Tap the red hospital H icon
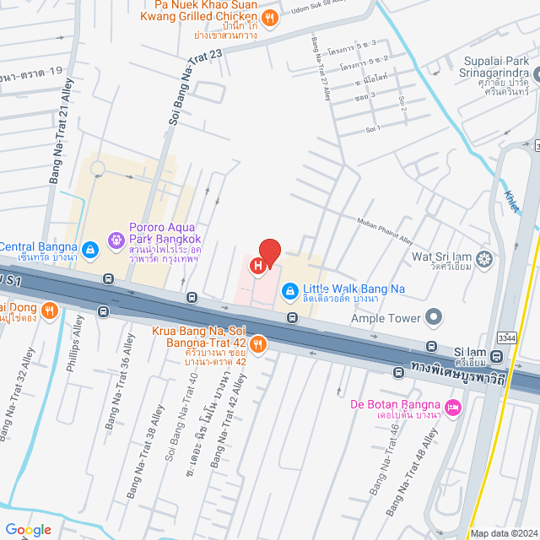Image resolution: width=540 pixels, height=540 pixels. point(258,267)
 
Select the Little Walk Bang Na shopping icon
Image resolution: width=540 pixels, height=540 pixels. point(289,291)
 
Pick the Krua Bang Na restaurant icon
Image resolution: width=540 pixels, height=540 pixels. point(258,343)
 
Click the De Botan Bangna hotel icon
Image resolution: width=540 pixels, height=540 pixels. point(453,408)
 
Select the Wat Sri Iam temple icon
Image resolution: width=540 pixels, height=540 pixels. point(484,257)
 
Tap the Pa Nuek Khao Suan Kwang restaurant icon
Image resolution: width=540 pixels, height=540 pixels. point(269,18)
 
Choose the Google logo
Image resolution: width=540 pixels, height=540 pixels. point(28,529)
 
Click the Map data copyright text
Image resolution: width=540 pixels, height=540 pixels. point(503,533)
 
